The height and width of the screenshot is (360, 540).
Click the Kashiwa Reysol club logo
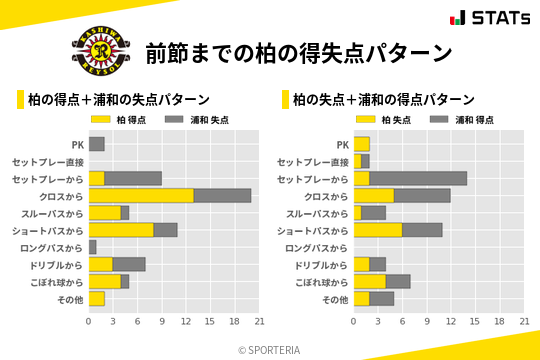tap(99, 53)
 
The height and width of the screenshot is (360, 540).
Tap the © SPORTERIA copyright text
tap(270, 350)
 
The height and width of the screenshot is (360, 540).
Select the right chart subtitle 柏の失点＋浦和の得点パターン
tap(383, 99)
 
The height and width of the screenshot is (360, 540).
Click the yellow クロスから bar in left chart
tap(141, 195)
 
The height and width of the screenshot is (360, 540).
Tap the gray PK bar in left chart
tap(97, 144)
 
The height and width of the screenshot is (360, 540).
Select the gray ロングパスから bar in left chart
tap(93, 247)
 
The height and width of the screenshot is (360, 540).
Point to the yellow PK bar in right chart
tap(362, 144)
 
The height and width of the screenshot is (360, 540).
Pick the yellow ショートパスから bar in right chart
tap(378, 230)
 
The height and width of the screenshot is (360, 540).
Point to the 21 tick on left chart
tap(259, 322)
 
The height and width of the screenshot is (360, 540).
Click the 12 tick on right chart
tap(451, 322)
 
